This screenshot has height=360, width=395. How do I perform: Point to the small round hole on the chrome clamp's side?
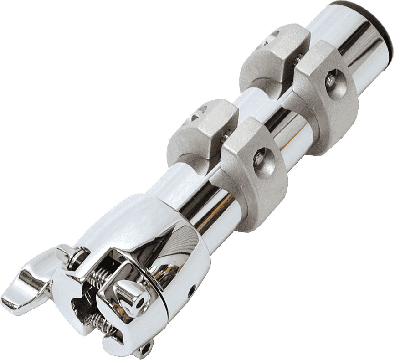(191, 288)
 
